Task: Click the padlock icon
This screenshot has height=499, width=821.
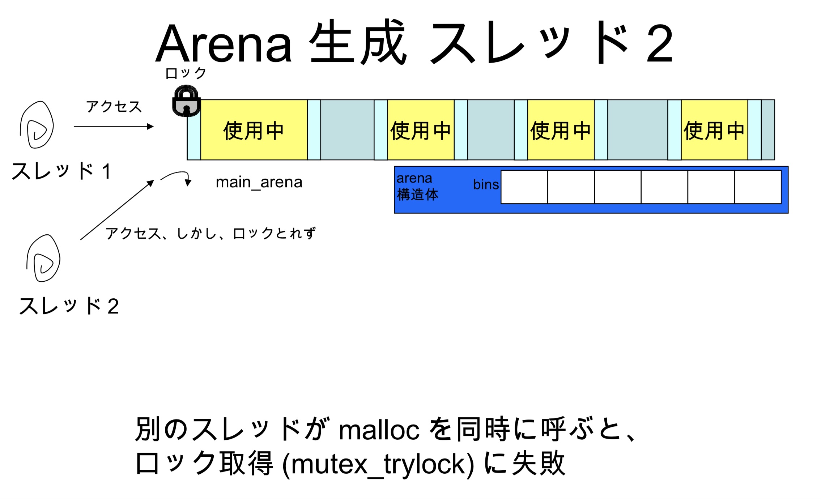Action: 186,101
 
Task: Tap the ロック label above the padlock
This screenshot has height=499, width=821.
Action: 186,73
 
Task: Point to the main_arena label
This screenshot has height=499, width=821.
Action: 259,182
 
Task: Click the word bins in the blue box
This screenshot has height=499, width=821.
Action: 486,184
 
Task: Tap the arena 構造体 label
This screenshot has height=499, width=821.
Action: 417,187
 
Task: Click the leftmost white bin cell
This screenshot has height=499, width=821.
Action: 524,187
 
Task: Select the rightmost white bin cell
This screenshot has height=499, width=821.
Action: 758,187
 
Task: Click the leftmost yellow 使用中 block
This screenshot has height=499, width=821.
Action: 254,130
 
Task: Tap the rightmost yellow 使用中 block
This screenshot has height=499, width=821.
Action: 714,130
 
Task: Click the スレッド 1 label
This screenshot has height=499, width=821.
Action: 61,171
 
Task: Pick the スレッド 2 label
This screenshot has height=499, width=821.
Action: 69,306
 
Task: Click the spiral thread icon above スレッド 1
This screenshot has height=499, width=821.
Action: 37,125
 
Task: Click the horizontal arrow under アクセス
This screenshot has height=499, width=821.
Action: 114,127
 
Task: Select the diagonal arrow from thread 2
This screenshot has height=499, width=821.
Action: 116,210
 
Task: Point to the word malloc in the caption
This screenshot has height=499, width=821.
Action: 379,430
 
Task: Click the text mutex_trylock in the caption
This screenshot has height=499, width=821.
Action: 378,464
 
